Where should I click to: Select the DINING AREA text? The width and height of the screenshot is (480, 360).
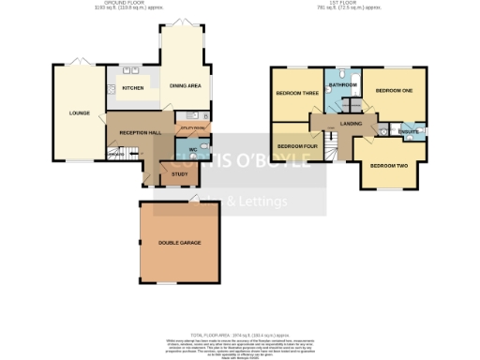pos(185,86)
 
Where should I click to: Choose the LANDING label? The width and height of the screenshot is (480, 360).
pos(352,123)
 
